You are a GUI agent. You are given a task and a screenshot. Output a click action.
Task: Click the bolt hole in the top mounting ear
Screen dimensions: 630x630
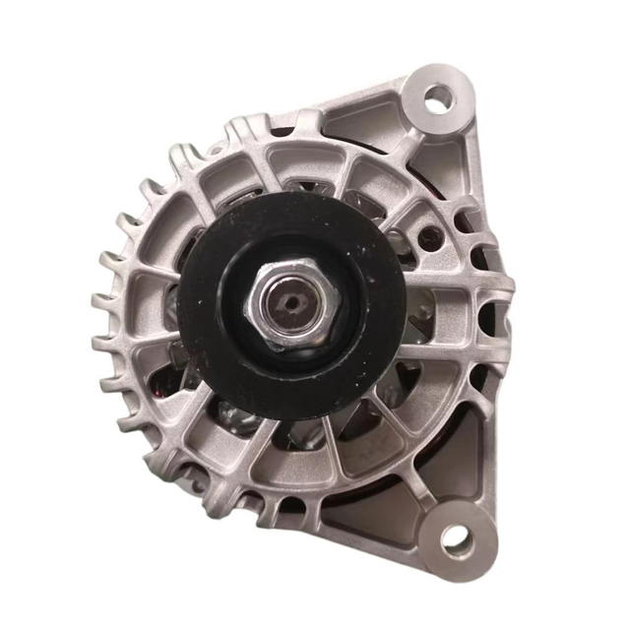click(x=439, y=96)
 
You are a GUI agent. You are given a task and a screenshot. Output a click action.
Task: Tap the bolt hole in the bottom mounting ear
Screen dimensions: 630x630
click(x=455, y=537)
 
